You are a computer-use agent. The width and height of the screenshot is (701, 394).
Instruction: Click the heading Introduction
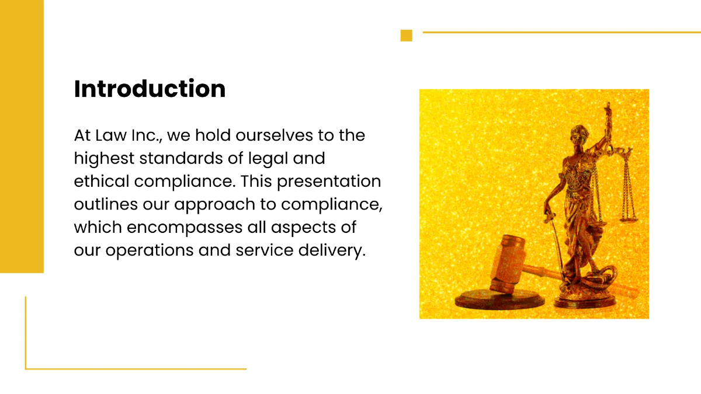[150, 89]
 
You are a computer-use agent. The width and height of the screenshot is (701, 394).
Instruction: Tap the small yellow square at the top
[406, 36]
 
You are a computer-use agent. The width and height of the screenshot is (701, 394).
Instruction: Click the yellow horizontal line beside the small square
[561, 33]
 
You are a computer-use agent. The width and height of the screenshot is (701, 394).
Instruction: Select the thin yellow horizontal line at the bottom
[136, 369]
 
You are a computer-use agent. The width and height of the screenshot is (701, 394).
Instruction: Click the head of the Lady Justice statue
[578, 131]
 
